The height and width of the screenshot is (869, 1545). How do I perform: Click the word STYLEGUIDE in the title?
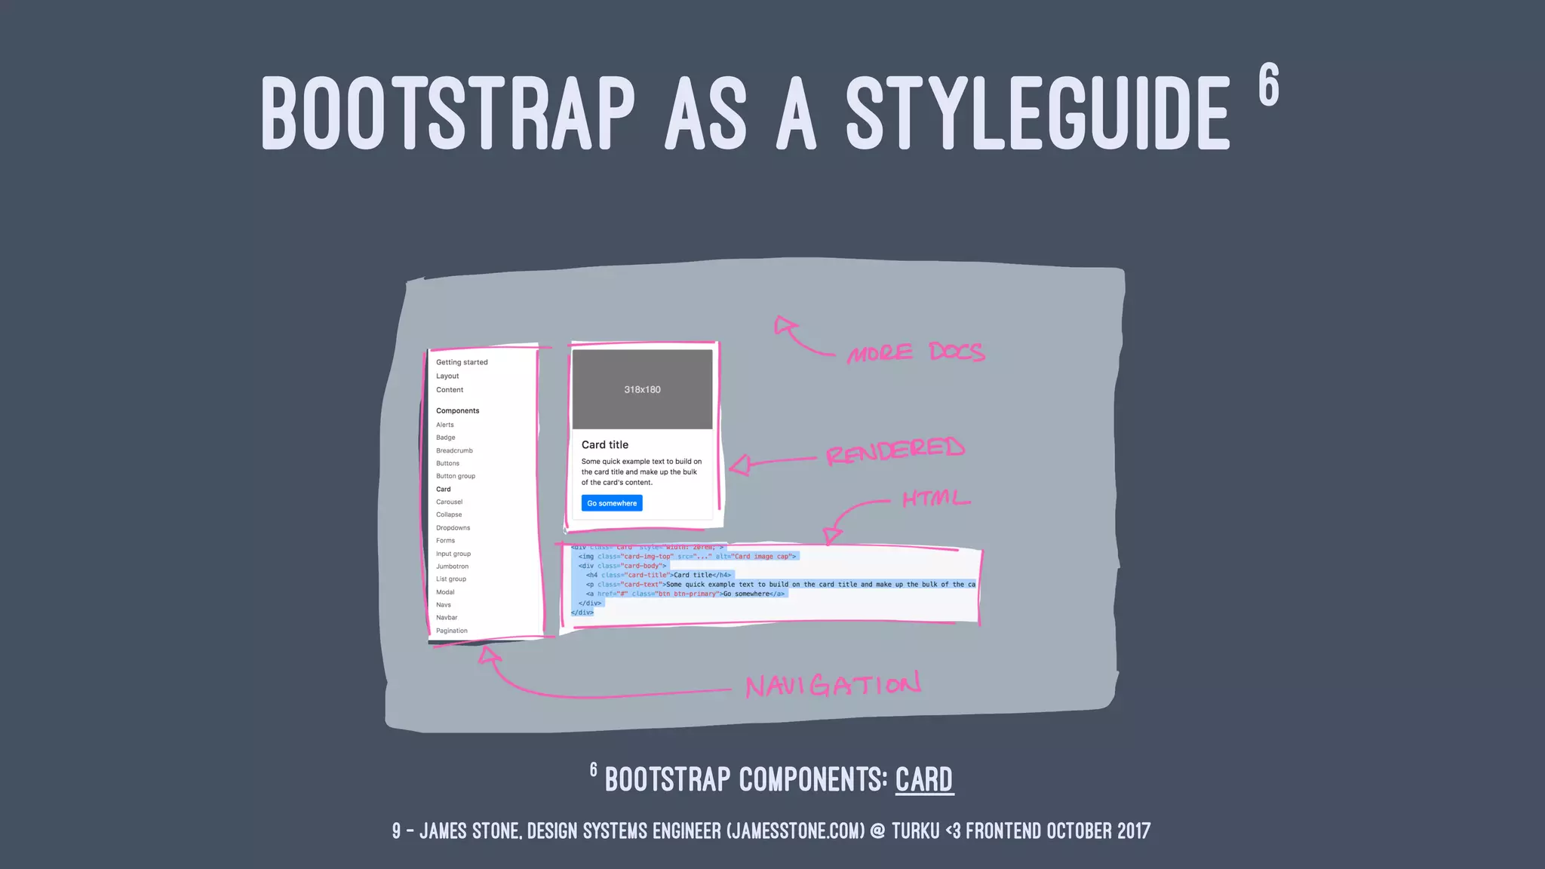[x=1037, y=113]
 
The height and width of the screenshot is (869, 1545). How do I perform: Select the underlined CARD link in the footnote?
[x=924, y=779]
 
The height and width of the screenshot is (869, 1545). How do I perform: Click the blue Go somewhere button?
[x=612, y=503]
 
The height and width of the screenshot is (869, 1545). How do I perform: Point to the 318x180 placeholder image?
[x=642, y=389]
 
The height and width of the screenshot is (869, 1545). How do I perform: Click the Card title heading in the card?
[x=605, y=445]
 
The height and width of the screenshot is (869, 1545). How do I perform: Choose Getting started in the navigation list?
[x=462, y=362]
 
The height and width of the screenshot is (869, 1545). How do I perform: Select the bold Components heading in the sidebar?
[x=457, y=411]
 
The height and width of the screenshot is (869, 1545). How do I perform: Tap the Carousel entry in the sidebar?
[x=449, y=502]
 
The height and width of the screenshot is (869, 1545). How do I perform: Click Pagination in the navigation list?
[x=451, y=631]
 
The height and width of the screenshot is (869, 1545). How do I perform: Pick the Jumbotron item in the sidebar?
[x=452, y=567]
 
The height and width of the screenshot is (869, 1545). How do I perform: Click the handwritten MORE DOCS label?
[x=915, y=352]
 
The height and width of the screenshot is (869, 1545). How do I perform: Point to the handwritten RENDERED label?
[x=895, y=450]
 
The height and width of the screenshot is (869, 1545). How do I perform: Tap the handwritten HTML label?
[x=935, y=499]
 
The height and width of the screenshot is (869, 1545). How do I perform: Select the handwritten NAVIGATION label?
[x=833, y=685]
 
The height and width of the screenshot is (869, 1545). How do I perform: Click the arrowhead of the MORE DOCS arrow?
[x=785, y=326]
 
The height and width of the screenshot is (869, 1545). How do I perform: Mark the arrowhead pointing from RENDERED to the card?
[x=740, y=465]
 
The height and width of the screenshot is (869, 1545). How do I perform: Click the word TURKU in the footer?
[x=915, y=831]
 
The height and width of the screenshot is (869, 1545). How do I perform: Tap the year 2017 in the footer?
[x=1134, y=831]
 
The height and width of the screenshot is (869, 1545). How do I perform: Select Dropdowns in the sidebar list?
[x=453, y=528]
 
